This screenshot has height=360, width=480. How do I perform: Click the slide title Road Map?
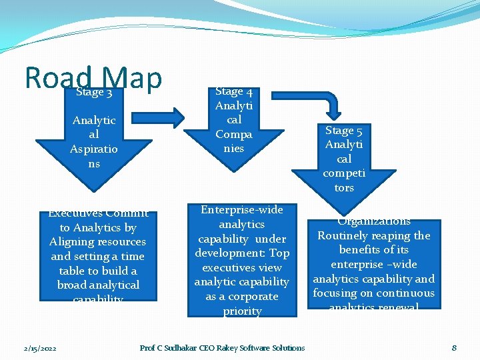click(x=93, y=77)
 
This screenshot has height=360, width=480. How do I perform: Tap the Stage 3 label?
click(x=94, y=92)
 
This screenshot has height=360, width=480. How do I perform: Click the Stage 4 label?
click(x=233, y=91)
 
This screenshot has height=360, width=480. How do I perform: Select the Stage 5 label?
click(x=344, y=131)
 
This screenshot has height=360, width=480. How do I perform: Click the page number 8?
click(x=454, y=347)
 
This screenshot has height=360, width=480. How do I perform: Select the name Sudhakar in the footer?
click(x=176, y=347)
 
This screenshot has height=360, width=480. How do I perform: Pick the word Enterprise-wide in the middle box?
click(x=242, y=210)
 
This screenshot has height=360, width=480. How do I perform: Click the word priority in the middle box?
click(x=242, y=311)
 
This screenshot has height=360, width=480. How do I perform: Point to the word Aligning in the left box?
click(x=73, y=242)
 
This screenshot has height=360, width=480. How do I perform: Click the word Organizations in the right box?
click(x=374, y=221)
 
